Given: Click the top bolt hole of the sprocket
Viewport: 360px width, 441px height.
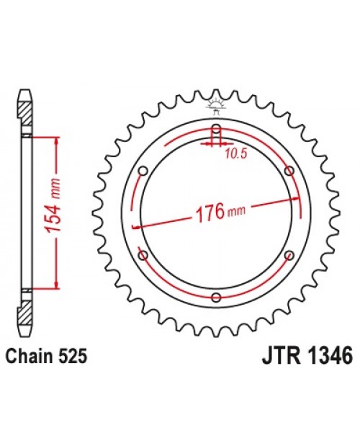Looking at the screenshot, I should [x=215, y=130].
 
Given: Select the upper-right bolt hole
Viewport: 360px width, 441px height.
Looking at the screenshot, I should [x=289, y=171].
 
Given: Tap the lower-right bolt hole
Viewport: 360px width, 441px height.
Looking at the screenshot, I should [x=289, y=255].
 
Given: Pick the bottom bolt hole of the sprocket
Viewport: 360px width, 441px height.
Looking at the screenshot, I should [x=215, y=297].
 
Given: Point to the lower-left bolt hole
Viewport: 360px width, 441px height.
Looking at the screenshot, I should [x=142, y=255].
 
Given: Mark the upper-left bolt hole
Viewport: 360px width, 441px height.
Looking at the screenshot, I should [x=142, y=171].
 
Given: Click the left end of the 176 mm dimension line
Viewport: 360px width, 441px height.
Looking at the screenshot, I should [x=135, y=228].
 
